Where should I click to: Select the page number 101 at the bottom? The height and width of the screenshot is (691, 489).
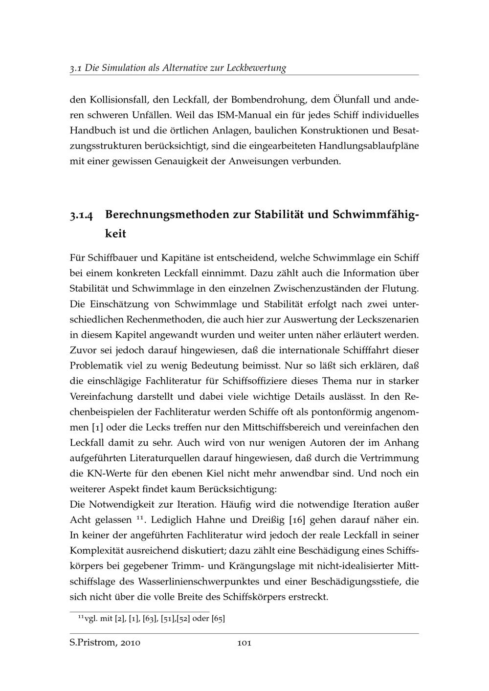(244, 643)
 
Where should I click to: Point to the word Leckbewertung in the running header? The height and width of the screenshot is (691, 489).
(256, 68)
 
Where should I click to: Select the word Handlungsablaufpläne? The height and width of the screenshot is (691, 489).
(368, 146)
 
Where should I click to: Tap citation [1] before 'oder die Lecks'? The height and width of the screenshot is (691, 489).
(97, 427)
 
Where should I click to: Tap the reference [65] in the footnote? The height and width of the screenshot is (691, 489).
(218, 619)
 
